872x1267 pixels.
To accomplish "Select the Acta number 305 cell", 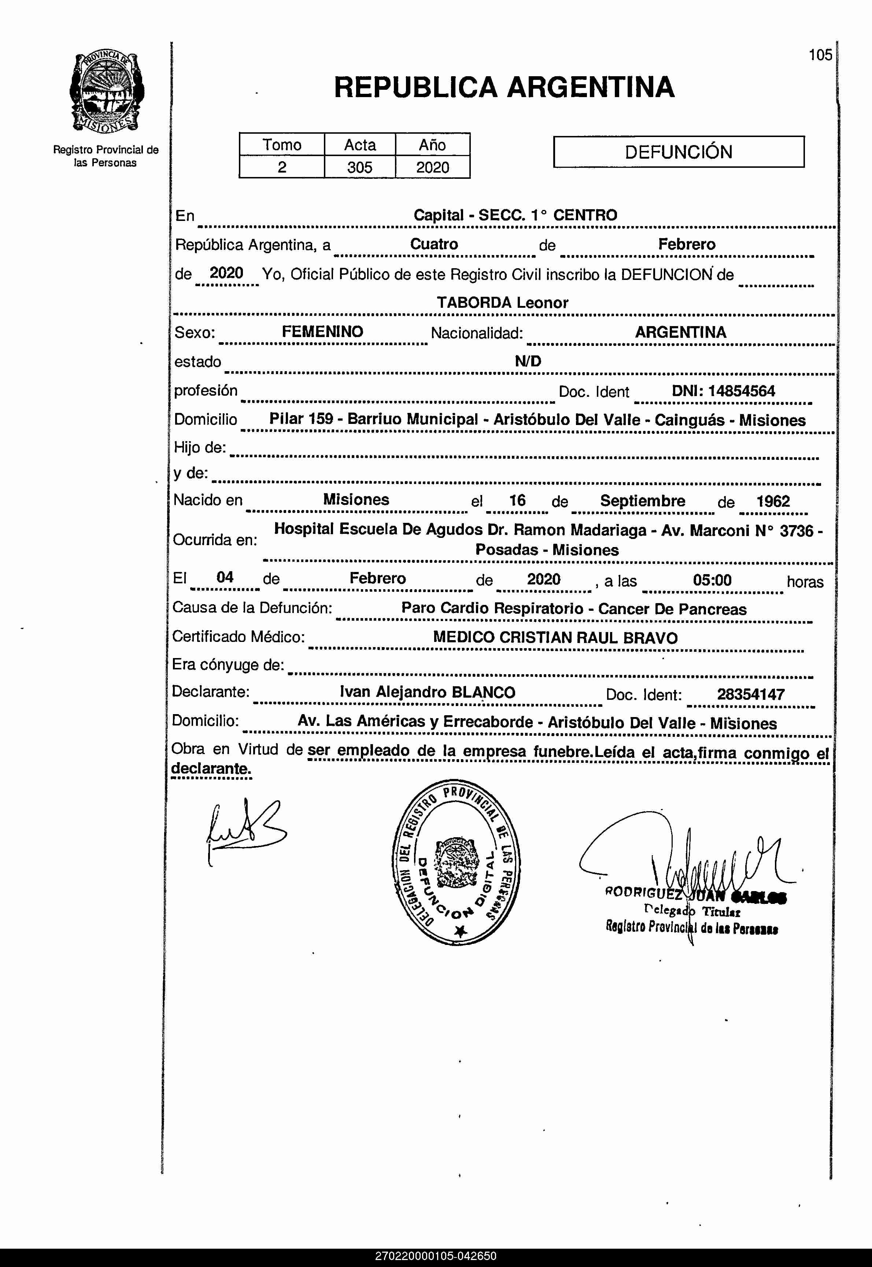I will point(359,167).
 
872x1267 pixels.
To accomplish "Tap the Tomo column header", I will point(281,145).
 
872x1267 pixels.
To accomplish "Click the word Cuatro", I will point(434,244).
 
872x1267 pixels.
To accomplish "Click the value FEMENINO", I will point(322,332).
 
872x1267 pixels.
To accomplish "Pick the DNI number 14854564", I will point(723,391).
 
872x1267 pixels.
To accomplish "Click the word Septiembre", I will point(643,500).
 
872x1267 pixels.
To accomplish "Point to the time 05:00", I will point(712,580).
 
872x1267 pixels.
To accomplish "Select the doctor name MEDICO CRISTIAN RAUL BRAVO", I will point(555,638).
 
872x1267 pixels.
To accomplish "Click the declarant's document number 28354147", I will point(751,694).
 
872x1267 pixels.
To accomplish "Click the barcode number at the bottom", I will point(436,1256).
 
